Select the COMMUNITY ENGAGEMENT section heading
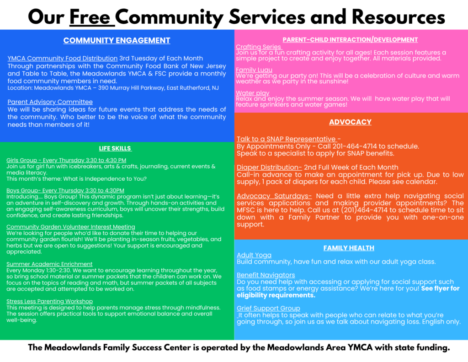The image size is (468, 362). click(x=117, y=40)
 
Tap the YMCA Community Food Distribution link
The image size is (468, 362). click(x=62, y=58)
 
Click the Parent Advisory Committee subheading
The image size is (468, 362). click(x=50, y=102)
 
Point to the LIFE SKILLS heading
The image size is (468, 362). click(x=115, y=148)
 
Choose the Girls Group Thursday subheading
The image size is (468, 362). click(x=66, y=160)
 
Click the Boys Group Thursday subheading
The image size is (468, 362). click(x=65, y=190)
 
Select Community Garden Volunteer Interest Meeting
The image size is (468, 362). click(x=71, y=227)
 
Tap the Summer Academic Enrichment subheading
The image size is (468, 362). click(x=49, y=264)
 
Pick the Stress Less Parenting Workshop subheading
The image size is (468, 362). click(x=49, y=301)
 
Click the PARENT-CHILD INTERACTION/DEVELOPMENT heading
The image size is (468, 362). click(x=350, y=39)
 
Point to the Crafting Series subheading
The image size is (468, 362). click(x=259, y=47)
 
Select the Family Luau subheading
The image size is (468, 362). click(x=254, y=70)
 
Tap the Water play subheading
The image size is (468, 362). click(x=252, y=93)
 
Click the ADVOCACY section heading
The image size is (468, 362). click(x=350, y=122)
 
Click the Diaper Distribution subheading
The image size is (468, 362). click(x=269, y=167)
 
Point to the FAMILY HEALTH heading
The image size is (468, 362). click(x=349, y=248)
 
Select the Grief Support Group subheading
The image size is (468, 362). click(x=268, y=308)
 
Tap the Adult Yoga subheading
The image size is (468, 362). click(x=254, y=255)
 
